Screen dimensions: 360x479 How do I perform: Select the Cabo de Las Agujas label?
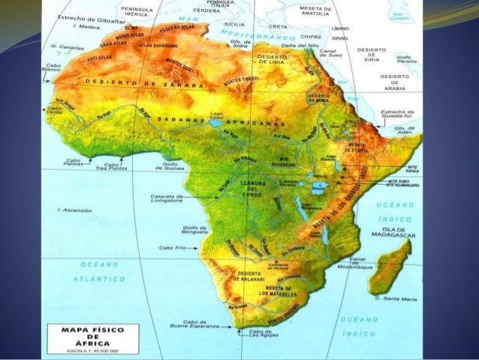[260, 333]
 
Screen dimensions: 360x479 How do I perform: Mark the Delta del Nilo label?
[294, 46]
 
